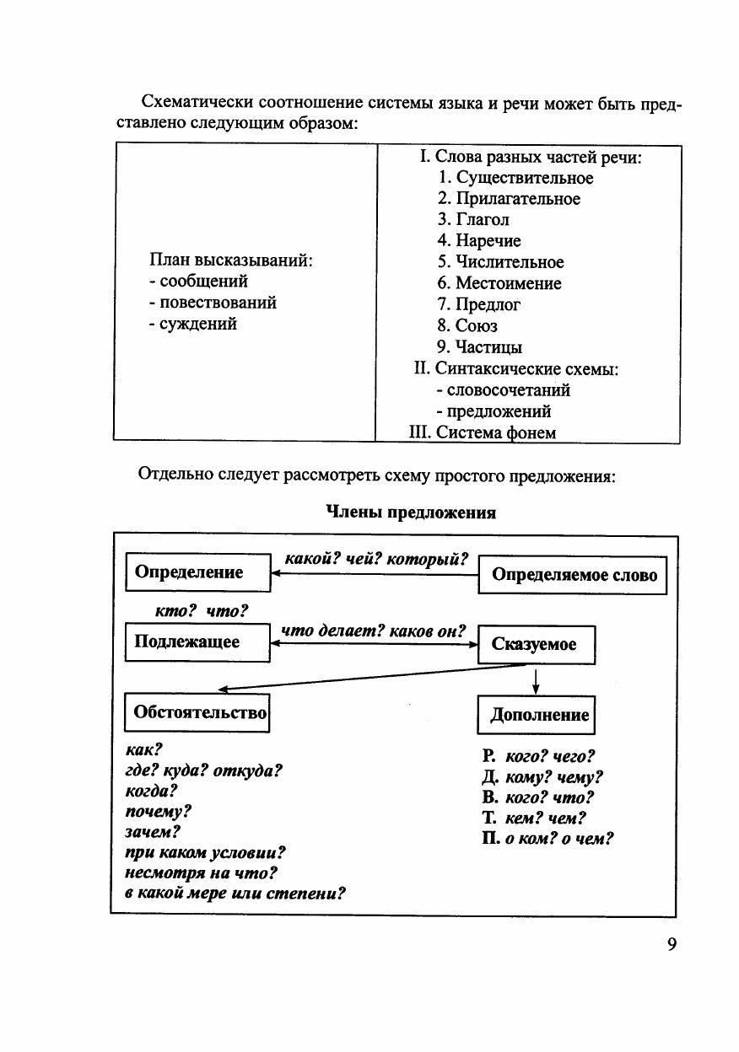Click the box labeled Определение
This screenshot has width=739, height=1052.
(198, 572)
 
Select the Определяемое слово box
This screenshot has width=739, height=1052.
(573, 576)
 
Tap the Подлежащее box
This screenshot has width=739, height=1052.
(197, 642)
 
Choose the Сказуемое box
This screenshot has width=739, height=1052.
(536, 645)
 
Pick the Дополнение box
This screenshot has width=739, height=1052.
(537, 716)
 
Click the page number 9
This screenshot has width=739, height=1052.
(672, 944)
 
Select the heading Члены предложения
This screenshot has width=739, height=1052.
(410, 512)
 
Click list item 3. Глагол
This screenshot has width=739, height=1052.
(473, 219)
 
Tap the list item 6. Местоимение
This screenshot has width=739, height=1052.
(499, 283)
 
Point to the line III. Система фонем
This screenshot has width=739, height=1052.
(482, 432)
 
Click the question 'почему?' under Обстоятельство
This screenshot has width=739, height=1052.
(158, 812)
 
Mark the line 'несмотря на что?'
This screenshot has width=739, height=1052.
(201, 872)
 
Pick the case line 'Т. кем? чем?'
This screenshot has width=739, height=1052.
(534, 818)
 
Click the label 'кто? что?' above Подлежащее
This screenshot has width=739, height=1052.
(201, 611)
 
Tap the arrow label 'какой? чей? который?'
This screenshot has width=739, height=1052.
(376, 558)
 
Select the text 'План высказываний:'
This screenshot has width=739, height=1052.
(231, 260)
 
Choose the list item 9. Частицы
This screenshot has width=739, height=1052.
(479, 347)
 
